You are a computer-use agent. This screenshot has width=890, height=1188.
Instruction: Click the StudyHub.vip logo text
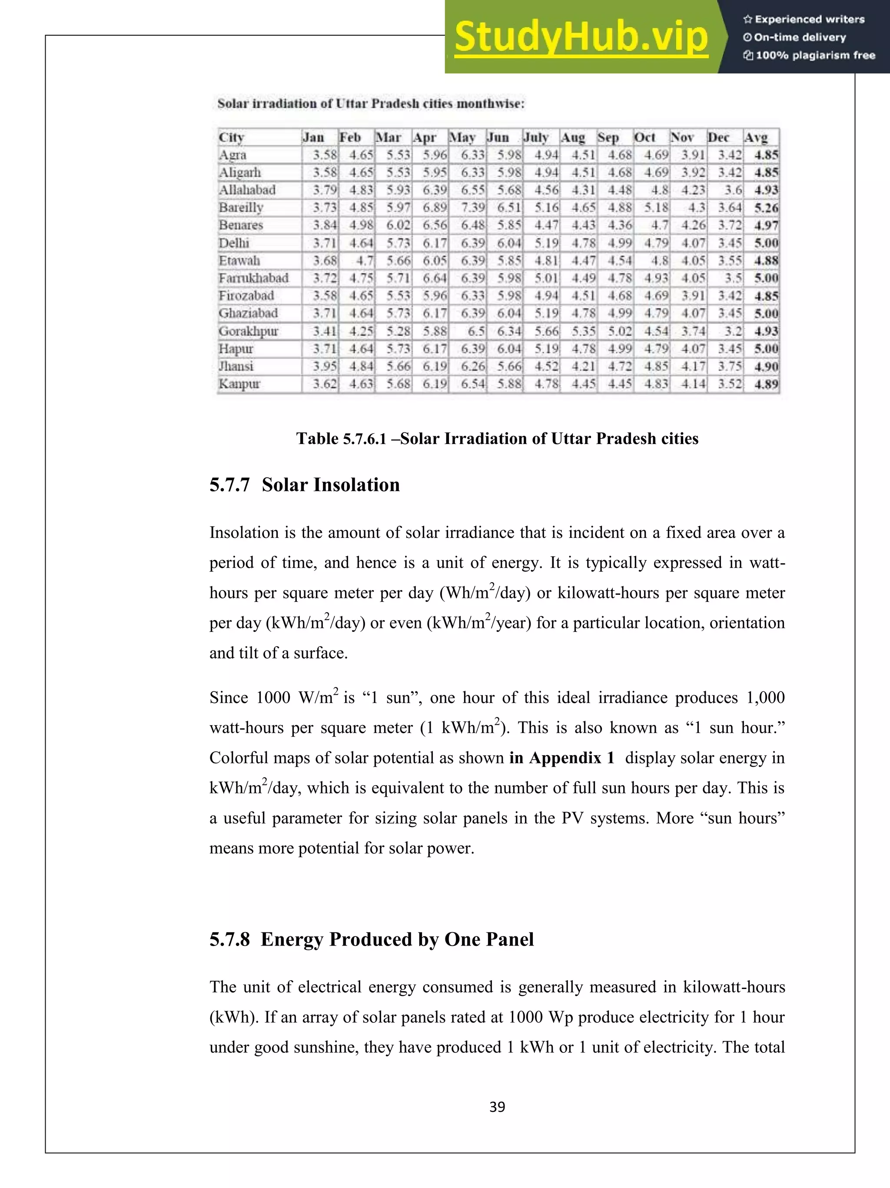coord(581,37)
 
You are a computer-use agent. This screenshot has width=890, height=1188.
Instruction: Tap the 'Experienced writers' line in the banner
coord(804,19)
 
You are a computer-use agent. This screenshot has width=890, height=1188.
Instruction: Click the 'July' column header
coord(536,137)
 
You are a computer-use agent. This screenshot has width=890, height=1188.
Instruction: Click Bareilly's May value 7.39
coord(473,208)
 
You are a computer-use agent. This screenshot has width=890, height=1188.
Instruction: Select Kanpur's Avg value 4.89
coord(766,384)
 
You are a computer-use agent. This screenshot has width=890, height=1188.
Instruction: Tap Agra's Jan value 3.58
coord(325,155)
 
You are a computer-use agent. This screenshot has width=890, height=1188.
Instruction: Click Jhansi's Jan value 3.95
coord(325,366)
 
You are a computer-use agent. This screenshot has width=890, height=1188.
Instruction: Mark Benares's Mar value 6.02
coord(398,226)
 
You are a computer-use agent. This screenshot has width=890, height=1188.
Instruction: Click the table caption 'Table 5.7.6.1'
coord(341,439)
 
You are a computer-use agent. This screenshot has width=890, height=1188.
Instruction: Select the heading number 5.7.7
coord(229,485)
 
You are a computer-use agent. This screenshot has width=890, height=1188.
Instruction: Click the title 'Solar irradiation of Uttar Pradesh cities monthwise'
coord(371,104)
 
